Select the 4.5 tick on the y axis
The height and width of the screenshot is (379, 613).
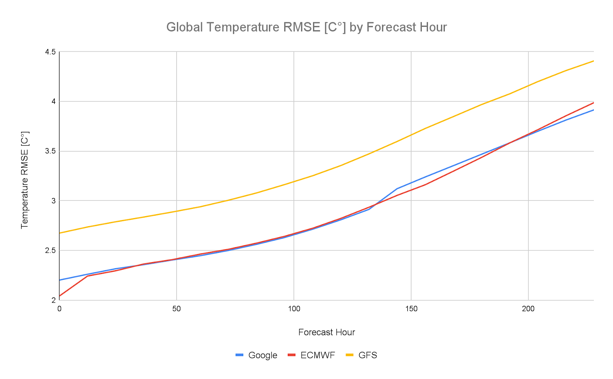[x=51, y=52]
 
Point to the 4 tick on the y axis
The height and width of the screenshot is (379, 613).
[x=53, y=102]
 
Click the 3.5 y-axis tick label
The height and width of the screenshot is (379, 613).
[x=51, y=151]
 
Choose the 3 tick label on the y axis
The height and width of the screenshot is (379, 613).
[x=53, y=201]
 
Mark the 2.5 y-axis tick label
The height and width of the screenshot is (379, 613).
[x=51, y=250]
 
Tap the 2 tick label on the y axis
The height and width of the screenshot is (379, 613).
[x=53, y=300]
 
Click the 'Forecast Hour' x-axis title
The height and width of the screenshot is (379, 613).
[x=326, y=332]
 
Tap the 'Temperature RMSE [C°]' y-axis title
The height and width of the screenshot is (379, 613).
[x=25, y=180]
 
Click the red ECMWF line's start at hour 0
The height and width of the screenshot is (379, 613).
[x=60, y=296]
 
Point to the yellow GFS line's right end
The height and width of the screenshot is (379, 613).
[x=593, y=61]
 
